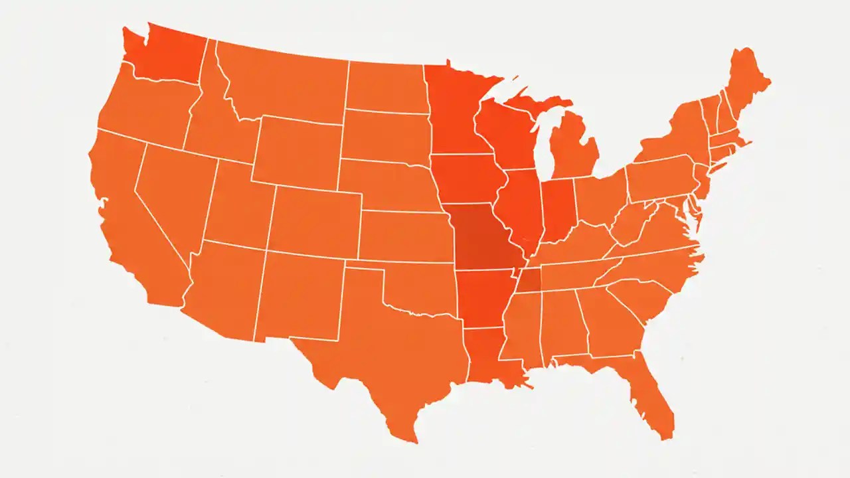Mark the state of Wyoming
tap(296, 153)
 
